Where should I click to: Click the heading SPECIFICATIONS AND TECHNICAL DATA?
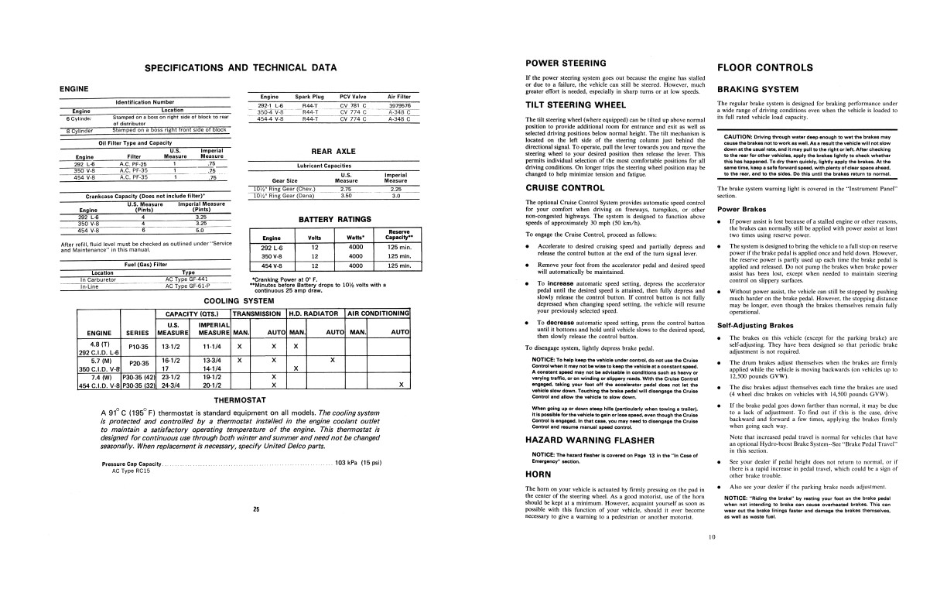coord(241,68)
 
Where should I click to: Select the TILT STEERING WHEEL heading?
coord(576,104)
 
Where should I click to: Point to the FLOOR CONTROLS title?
coord(764,67)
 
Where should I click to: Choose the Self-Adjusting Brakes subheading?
coord(756,326)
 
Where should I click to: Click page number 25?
coord(255,509)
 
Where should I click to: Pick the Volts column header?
coord(315,238)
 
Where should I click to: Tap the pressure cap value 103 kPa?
coord(353,463)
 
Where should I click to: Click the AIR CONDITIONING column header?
coord(378,313)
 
